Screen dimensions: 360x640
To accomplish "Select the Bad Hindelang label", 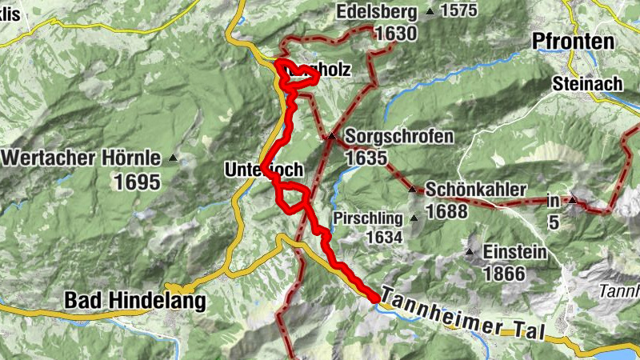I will [134, 302].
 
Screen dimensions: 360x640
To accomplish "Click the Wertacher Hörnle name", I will [81, 158].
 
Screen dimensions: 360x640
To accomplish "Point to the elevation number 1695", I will [137, 182].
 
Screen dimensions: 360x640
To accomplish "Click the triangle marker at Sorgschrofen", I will [330, 136].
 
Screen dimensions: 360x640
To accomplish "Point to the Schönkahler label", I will [475, 190].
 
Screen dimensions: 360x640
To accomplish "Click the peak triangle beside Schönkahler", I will [412, 190].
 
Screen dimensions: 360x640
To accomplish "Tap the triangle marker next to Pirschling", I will [414, 218].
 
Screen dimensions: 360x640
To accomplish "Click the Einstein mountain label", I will [515, 253].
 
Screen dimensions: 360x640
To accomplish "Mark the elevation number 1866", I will [504, 274].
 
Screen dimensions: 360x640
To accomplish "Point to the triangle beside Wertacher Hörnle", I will [171, 158].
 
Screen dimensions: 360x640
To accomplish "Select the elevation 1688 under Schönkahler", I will [446, 212].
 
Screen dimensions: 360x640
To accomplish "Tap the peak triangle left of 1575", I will [430, 12].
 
